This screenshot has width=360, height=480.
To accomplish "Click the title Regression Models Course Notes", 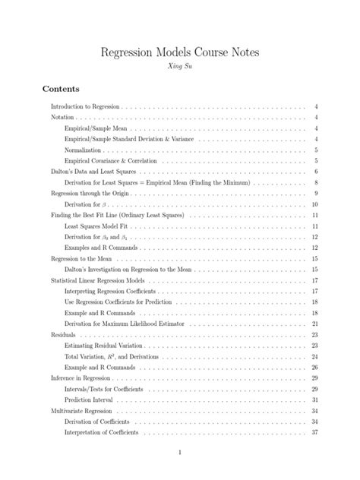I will (179, 52).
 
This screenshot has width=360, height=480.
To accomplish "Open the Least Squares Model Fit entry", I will (99, 226).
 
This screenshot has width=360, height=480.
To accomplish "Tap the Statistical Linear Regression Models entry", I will (101, 280).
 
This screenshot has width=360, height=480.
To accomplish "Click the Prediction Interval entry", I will (91, 399).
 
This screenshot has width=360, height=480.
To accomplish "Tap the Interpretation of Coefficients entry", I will (106, 432).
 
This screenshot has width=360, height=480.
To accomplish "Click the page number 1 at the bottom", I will (180, 453).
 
